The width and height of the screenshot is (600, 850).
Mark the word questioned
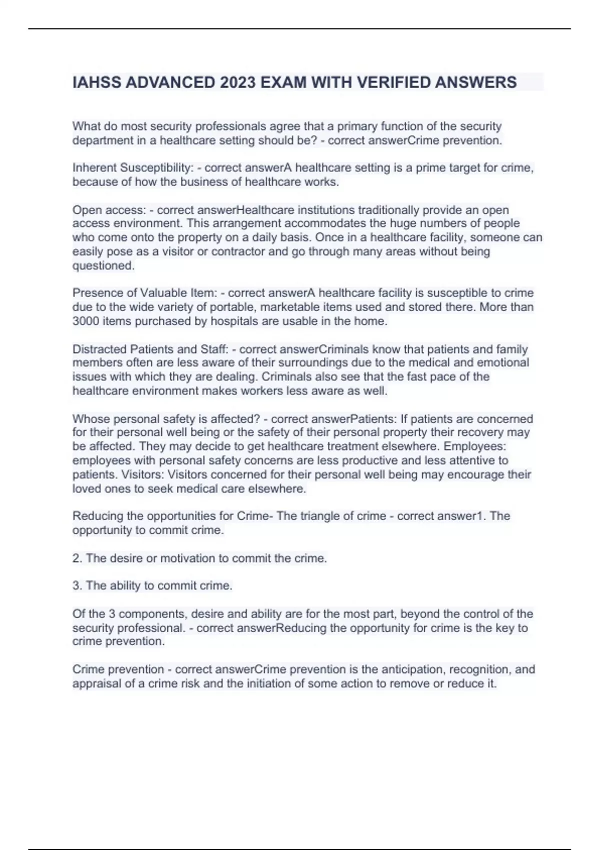(103, 266)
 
